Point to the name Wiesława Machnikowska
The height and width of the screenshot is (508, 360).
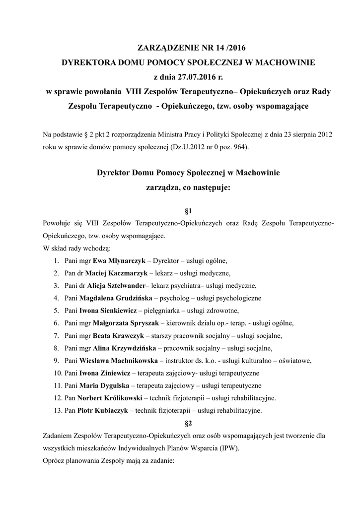click(x=119, y=360)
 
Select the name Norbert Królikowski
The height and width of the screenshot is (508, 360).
click(x=110, y=398)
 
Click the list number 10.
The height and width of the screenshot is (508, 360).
click(x=57, y=373)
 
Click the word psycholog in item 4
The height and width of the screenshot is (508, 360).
click(x=176, y=298)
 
